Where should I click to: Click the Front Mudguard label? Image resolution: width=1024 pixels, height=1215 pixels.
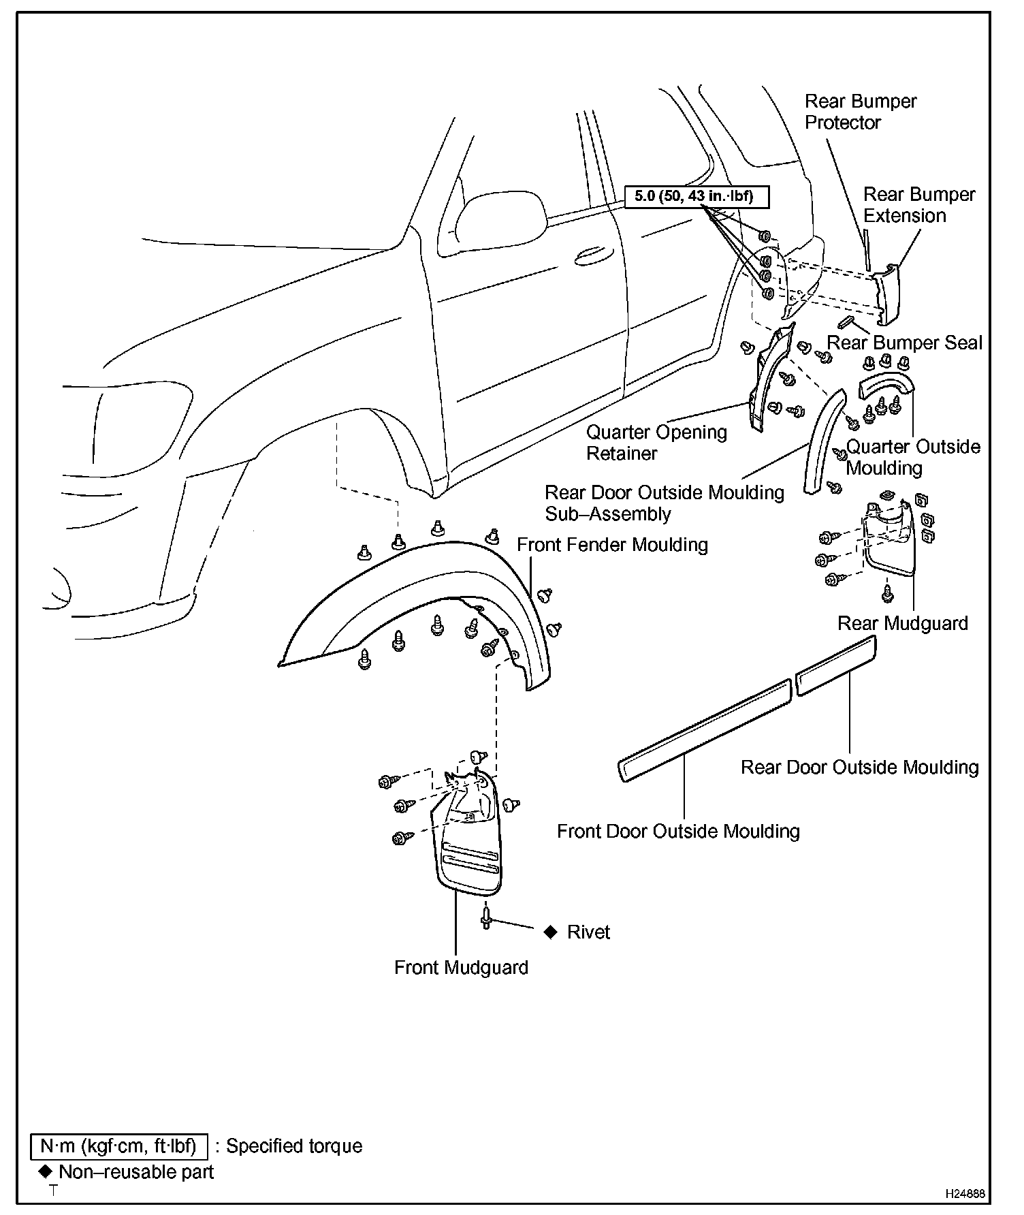coord(461,968)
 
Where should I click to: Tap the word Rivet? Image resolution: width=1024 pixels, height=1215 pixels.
coord(588,932)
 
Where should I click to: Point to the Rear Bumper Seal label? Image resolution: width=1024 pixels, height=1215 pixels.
coord(904,343)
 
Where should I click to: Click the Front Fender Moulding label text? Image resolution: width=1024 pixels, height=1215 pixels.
coord(612,545)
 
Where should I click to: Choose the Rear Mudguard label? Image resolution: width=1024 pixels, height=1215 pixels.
coord(902,623)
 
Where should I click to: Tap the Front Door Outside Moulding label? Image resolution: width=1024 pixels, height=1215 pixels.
coord(678,831)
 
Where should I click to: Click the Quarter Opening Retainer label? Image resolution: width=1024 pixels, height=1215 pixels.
coord(656,443)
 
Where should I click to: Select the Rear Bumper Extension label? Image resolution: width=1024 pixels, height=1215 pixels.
coord(918,205)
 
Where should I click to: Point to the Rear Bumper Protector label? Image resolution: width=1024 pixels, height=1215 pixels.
coord(860,112)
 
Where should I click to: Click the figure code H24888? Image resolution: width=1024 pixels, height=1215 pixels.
coord(964,1195)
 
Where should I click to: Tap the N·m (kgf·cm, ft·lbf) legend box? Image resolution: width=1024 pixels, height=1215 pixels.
coord(118,1146)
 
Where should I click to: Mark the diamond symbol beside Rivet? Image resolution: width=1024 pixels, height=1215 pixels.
coord(551,932)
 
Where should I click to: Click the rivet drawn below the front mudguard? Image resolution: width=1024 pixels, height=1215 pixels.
coord(485,916)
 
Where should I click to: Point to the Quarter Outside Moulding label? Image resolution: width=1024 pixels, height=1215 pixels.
coord(912,457)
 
